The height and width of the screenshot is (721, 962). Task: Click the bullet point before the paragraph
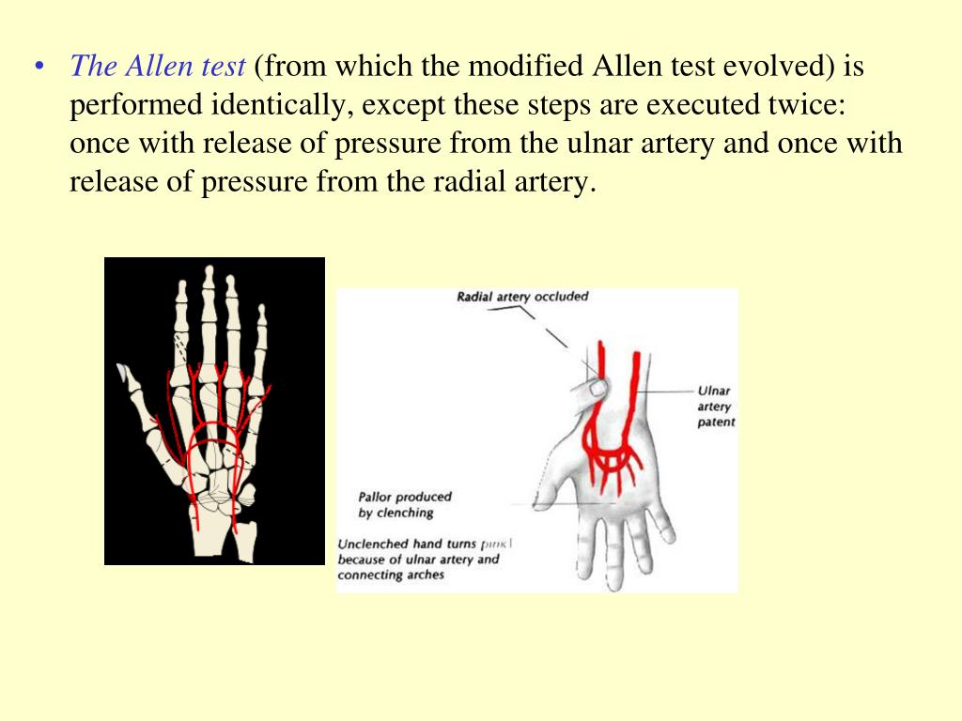(x=39, y=67)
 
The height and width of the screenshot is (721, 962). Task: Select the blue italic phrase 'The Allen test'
(x=158, y=66)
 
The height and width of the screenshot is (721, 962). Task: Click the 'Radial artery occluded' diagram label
(x=522, y=297)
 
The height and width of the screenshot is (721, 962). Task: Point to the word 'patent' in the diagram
(x=716, y=422)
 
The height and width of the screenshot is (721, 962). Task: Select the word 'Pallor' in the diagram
(x=378, y=497)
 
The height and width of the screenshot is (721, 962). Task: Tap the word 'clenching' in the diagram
(x=405, y=513)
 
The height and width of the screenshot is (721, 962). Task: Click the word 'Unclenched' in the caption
(x=373, y=544)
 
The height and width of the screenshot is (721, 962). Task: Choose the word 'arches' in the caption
(x=424, y=575)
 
